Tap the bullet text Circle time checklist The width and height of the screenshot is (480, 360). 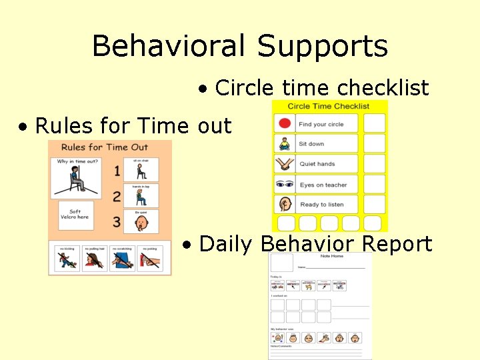pyautogui.click(x=322, y=88)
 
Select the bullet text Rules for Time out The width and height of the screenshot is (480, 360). pyautogui.click(x=133, y=125)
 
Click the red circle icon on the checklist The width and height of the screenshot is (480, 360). pyautogui.click(x=285, y=123)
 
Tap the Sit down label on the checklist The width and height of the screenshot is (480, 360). pyautogui.click(x=311, y=144)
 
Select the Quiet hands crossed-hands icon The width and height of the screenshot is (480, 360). pyautogui.click(x=285, y=164)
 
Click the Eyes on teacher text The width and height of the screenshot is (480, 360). pyautogui.click(x=323, y=185)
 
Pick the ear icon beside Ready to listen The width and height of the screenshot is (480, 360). pyautogui.click(x=285, y=204)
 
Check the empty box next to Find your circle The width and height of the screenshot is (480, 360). pyautogui.click(x=375, y=123)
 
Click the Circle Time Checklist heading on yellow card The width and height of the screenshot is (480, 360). pyautogui.click(x=329, y=106)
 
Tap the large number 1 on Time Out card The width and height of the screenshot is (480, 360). pyautogui.click(x=117, y=171)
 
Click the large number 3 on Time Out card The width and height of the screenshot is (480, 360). pyautogui.click(x=117, y=221)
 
